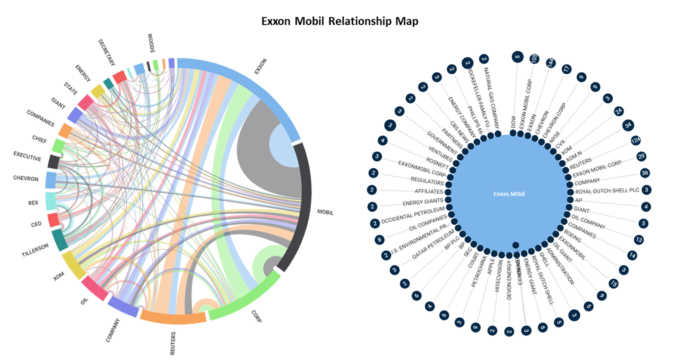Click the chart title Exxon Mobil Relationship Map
339,21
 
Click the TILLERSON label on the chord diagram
35,250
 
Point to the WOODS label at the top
151,43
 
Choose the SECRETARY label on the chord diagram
106,52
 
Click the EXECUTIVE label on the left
27,156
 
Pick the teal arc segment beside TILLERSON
60,240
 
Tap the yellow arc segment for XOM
73,265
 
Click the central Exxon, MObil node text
509,194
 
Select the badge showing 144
550,62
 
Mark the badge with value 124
636,140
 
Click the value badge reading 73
639,239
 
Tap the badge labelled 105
534,59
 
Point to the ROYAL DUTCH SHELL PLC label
607,191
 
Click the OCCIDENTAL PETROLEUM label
413,215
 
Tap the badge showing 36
645,173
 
